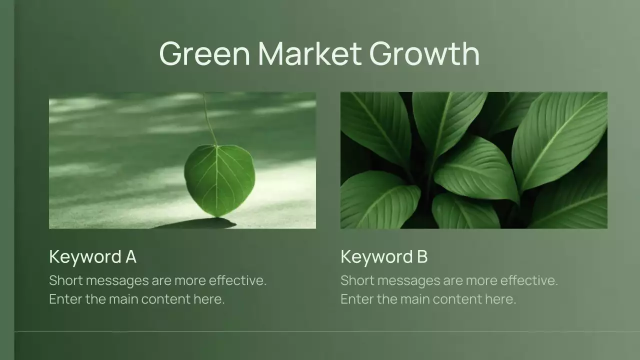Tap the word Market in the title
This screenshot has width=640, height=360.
[x=309, y=53]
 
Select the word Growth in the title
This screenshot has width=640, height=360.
[x=424, y=53]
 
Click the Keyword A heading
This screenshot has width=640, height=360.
[x=92, y=257]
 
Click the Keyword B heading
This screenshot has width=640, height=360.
[x=384, y=257]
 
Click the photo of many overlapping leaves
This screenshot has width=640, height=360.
[x=473, y=160]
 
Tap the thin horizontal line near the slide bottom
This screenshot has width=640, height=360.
[x=320, y=331]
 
